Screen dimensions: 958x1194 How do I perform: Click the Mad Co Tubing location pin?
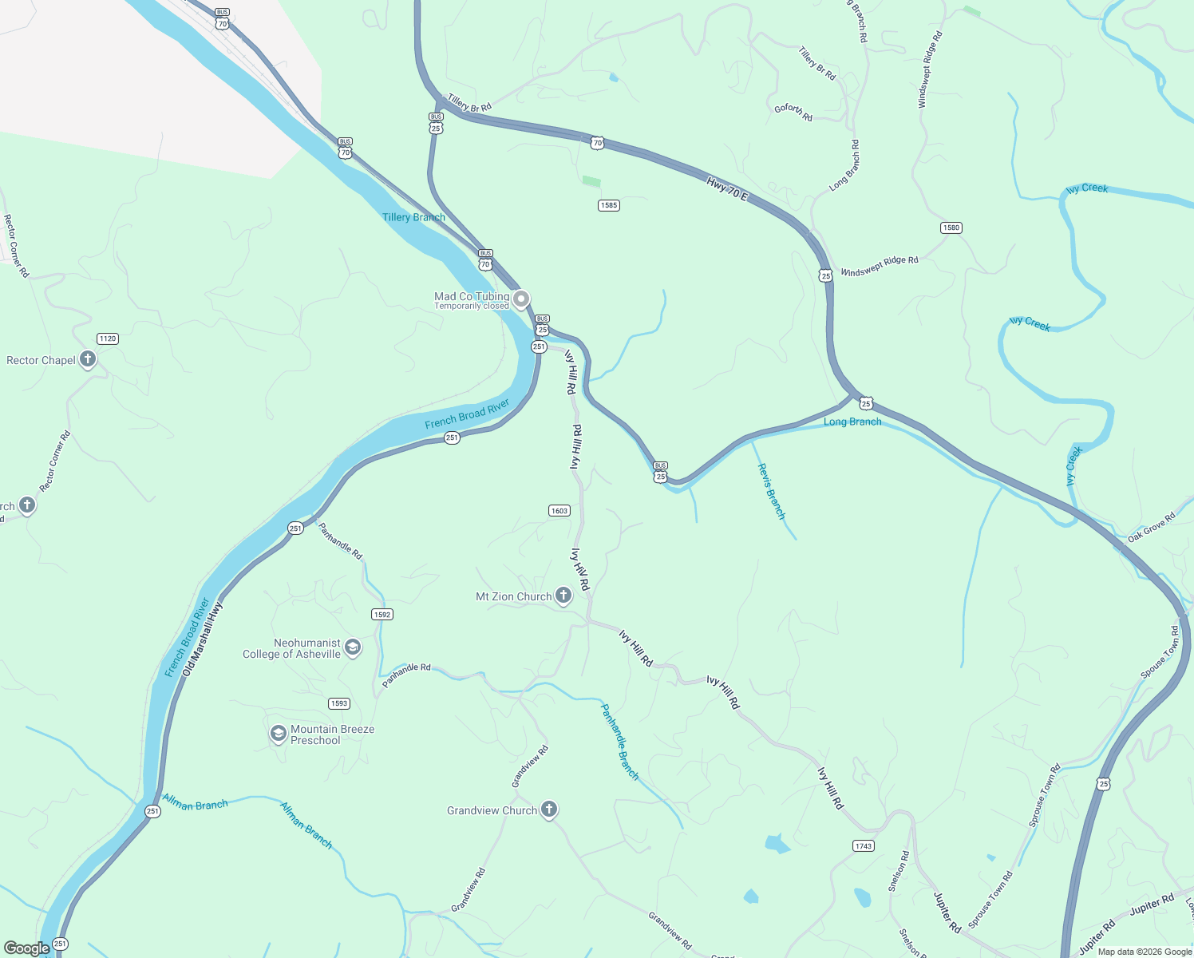pos(520,300)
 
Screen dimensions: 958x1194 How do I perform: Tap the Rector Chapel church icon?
pos(88,359)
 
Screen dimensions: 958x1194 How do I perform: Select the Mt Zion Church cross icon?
pos(563,596)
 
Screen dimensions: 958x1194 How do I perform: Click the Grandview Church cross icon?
pos(549,810)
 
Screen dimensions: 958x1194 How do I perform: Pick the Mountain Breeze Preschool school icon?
pos(278,734)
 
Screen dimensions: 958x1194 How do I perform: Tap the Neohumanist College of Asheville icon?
pos(353,647)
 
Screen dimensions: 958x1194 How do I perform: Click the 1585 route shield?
pos(609,205)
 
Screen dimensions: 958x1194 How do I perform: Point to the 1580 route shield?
pos(951,228)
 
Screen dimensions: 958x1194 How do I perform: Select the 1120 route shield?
pos(108,338)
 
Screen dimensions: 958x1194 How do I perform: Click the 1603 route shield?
pos(559,510)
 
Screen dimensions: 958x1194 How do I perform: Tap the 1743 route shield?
pos(864,845)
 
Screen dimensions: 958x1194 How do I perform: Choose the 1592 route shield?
pos(382,615)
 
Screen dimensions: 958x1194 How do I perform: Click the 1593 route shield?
pos(339,703)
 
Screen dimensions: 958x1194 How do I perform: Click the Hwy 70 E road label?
pos(726,189)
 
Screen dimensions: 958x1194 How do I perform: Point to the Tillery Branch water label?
pos(413,217)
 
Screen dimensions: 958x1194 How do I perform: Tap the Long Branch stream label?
pos(852,422)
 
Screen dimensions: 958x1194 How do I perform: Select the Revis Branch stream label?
pos(771,491)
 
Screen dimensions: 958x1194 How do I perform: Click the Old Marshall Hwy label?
pos(203,639)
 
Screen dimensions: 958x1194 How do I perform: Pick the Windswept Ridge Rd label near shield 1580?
pos(880,266)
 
